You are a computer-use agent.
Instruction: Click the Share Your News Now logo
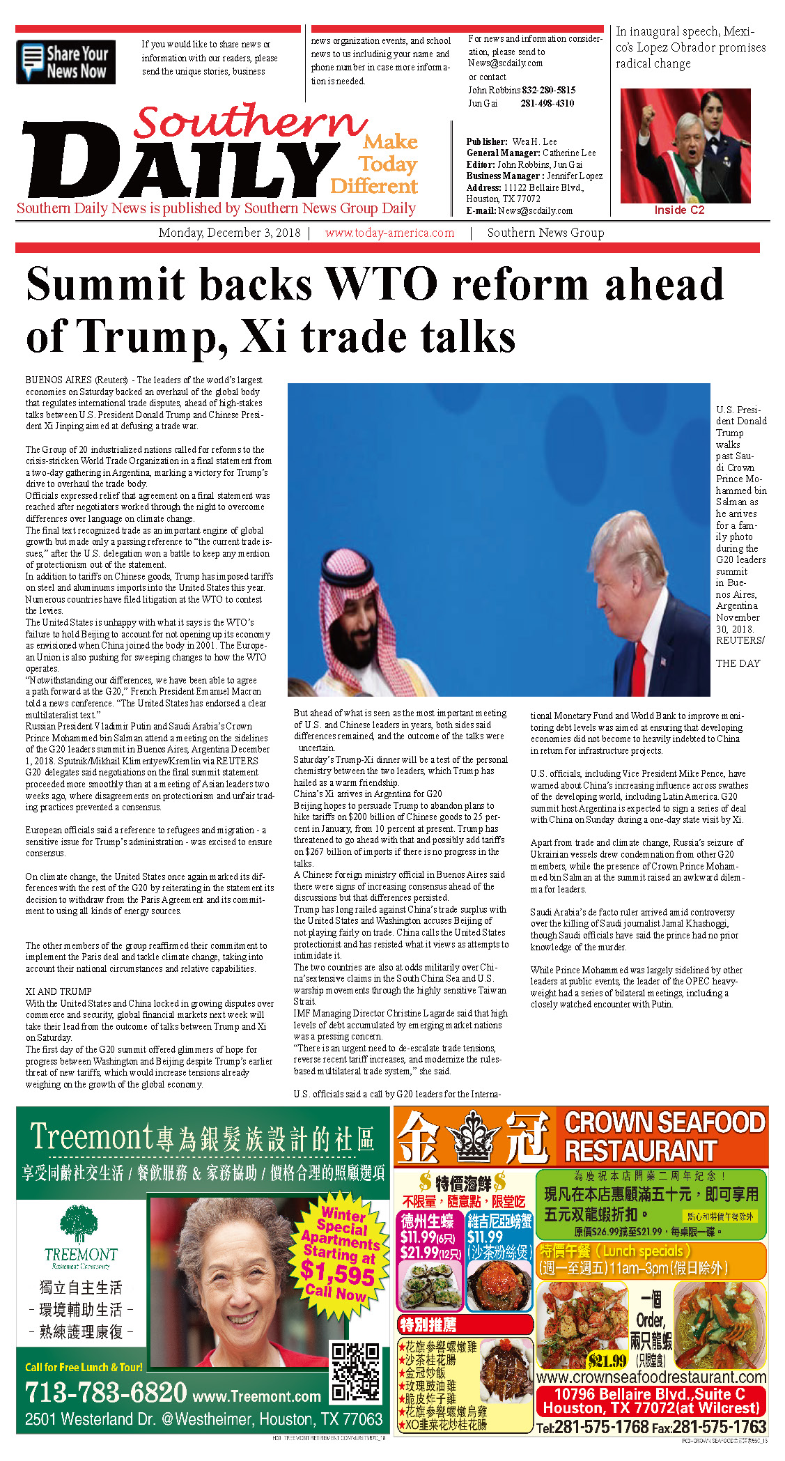click(x=65, y=62)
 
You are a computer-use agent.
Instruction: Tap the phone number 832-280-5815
click(x=548, y=90)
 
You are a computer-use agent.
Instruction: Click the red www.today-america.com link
click(x=389, y=233)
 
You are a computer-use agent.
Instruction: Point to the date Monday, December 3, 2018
click(x=229, y=233)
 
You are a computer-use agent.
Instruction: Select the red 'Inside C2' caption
click(x=679, y=210)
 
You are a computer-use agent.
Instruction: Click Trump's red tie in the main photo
click(x=639, y=669)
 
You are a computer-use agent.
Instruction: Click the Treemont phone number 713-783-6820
click(x=106, y=1392)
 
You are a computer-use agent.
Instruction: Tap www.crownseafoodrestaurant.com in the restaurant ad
click(x=651, y=1377)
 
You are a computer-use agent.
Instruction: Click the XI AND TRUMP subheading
click(x=59, y=991)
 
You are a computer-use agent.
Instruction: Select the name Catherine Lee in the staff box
click(x=569, y=153)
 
